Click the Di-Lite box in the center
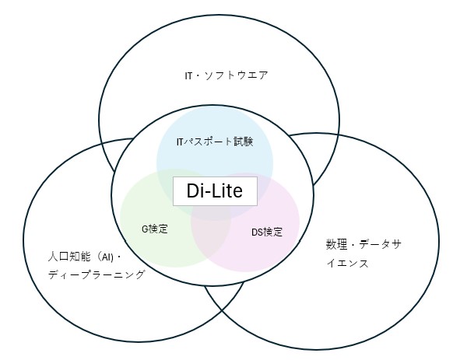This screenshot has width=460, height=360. coord(215,191)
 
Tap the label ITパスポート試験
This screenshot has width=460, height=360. coord(215,142)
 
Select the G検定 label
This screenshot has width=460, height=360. coord(155,229)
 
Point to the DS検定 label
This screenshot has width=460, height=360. coord(267,232)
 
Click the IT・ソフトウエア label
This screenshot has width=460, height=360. coord(226,75)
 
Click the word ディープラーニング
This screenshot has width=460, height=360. coord(97,274)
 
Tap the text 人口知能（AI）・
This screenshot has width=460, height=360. coord(85,257)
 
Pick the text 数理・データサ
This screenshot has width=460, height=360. coord(363,244)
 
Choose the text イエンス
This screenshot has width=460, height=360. coord(348,263)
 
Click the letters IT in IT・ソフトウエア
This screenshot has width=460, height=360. coord(188,76)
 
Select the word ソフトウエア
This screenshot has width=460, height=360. coord(236,75)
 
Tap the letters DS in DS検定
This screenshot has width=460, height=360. coord(257,232)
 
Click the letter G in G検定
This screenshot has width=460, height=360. coord(145,229)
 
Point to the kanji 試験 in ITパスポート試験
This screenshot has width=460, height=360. coord(244,142)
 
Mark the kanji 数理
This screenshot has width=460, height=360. coord(336,244)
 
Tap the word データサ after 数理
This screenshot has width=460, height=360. coord(380,244)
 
